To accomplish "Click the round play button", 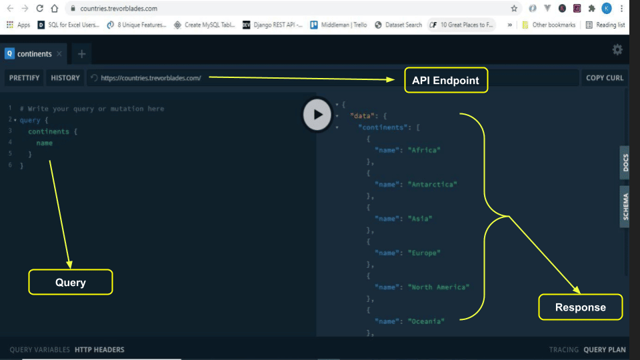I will (317, 114).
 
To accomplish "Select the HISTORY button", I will (65, 78).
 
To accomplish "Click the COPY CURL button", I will (605, 78).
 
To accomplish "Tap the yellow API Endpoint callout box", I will (445, 81).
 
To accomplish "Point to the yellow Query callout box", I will (70, 282).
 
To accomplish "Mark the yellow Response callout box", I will (580, 307).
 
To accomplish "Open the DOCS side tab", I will (625, 163).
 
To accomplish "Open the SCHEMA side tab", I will (625, 207).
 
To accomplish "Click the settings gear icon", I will (617, 50).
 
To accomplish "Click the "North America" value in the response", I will (439, 287).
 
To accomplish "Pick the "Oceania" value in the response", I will (426, 321).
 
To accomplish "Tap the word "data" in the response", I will (361, 116).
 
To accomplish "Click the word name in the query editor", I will (45, 143).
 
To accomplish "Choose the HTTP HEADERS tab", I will (99, 349).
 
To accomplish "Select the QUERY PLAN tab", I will (605, 349).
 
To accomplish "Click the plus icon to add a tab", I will (81, 53).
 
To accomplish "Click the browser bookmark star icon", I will (514, 9).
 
